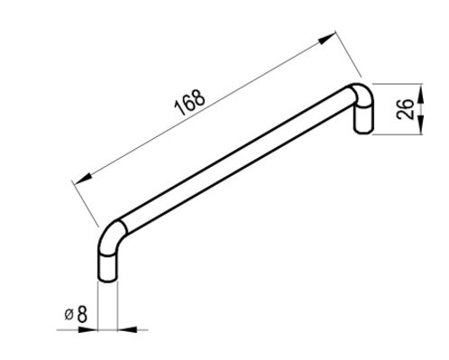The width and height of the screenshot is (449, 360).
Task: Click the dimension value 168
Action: point(190,102)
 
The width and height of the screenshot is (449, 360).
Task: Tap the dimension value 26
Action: point(405,109)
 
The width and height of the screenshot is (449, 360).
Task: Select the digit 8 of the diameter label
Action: point(82,315)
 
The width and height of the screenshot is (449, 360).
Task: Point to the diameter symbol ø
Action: point(69,315)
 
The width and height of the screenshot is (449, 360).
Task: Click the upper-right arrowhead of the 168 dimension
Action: point(326,39)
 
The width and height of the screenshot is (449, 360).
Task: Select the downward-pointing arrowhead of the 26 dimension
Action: point(421,125)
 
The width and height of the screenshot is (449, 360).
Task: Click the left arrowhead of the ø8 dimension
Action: point(88,329)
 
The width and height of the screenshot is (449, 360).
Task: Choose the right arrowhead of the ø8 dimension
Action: point(127,329)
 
